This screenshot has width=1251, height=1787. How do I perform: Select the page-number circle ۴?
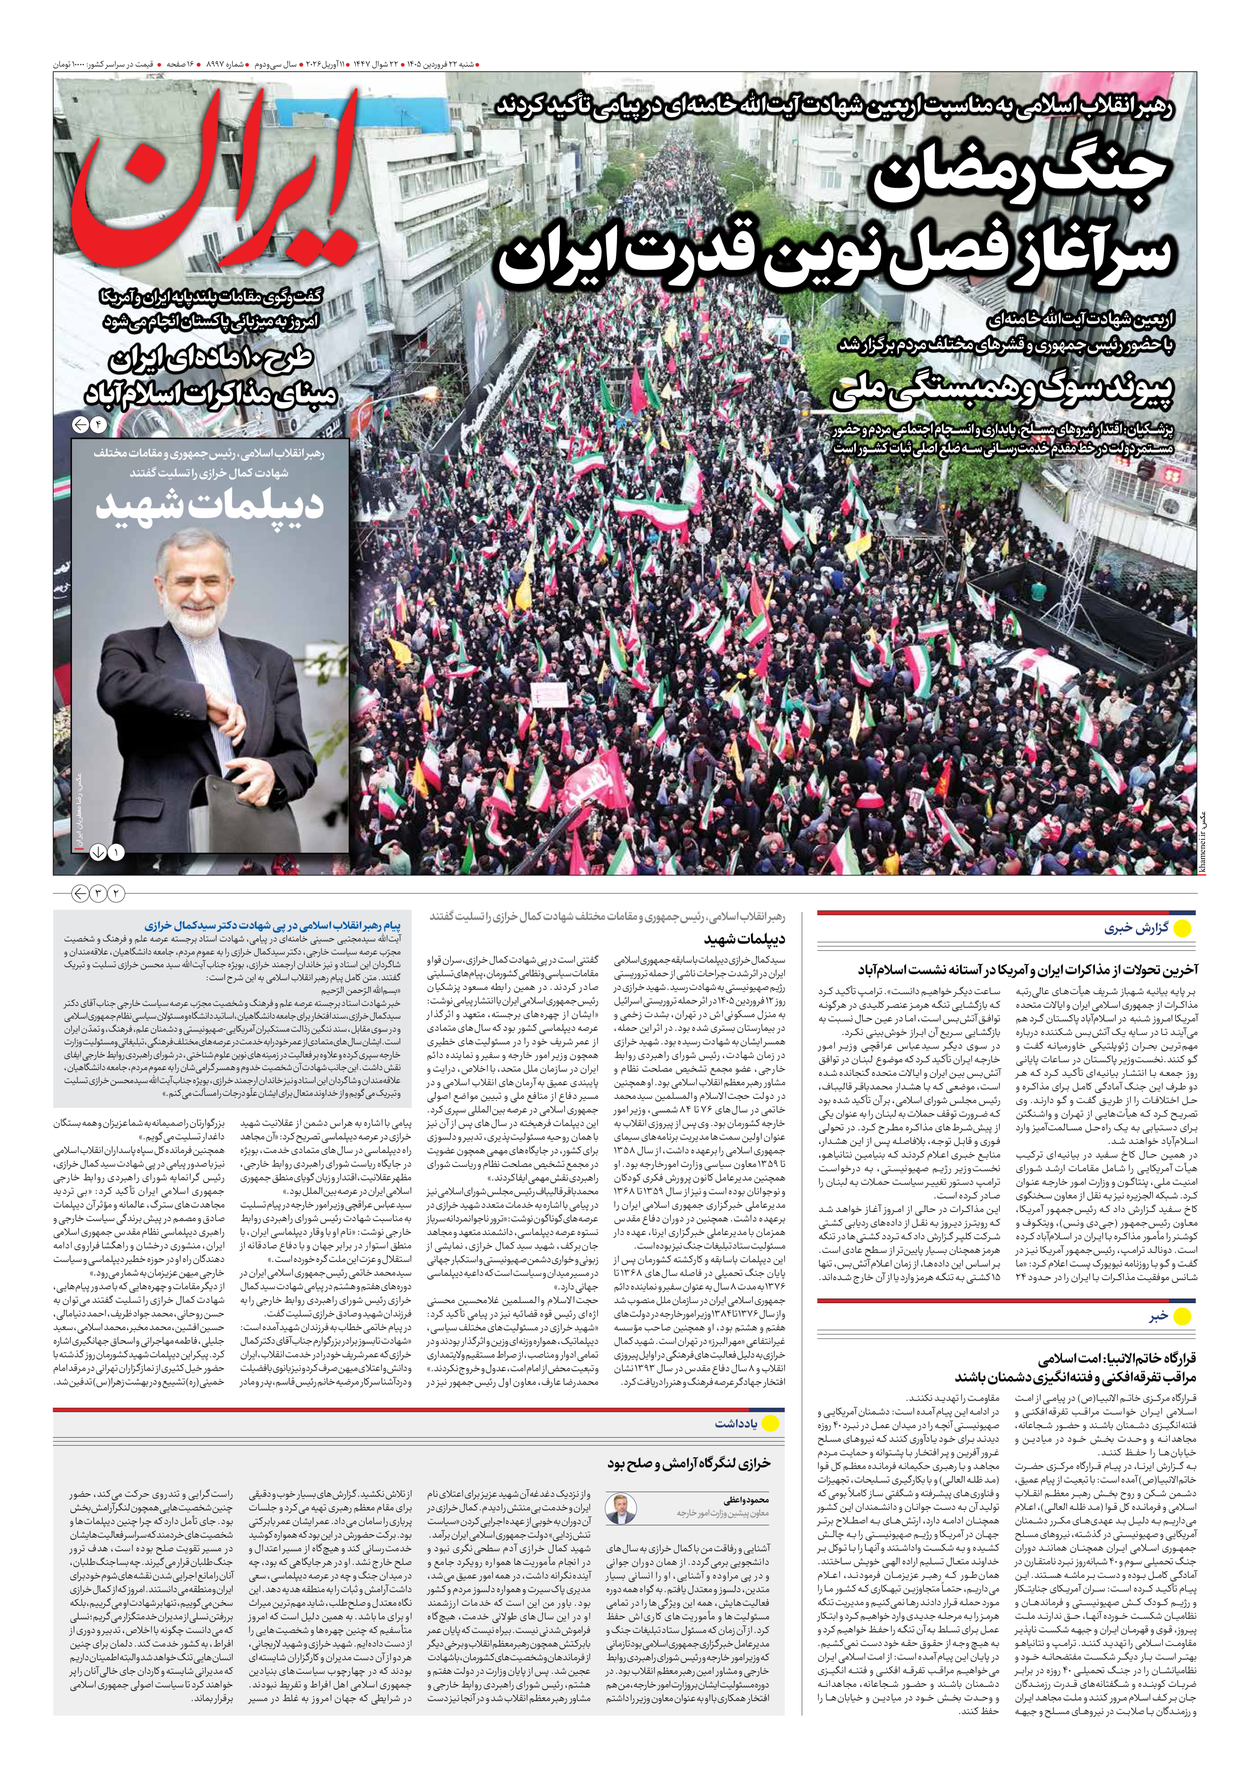point(100,425)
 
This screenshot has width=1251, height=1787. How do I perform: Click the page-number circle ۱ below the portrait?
point(116,852)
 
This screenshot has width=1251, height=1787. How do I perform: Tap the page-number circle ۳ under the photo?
point(98,894)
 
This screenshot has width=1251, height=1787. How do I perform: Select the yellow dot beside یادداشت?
point(770,1423)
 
